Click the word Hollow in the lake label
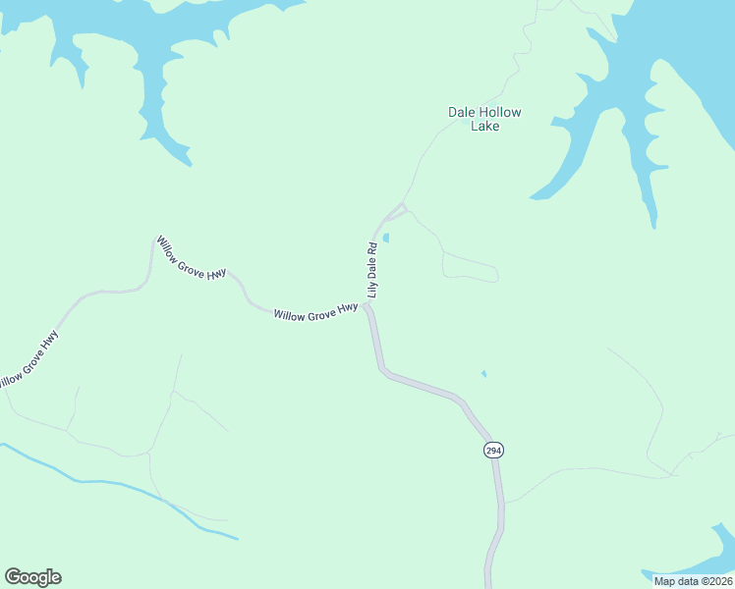point(500,112)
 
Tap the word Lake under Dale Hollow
point(484,127)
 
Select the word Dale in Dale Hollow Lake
point(462,112)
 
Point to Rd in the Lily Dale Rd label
point(372,248)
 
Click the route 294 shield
point(493,450)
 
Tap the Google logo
point(32,577)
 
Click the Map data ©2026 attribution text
point(693,581)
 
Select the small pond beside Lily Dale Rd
point(386,238)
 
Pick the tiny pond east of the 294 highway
point(483,373)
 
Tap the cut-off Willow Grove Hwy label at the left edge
point(28,361)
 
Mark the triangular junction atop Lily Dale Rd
point(398,211)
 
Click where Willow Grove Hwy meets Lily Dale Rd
point(367,306)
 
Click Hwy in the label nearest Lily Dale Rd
point(347,309)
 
